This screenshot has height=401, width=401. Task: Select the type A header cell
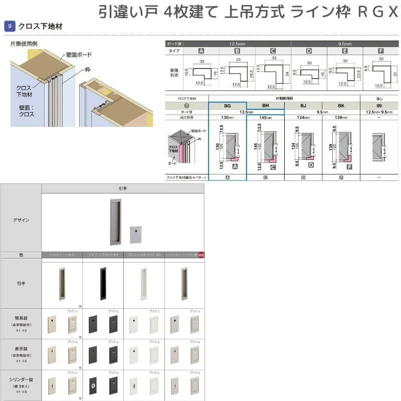(201, 51)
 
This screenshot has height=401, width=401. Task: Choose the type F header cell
(381, 51)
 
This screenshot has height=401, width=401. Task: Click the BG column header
(227, 106)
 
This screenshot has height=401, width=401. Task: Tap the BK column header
(341, 106)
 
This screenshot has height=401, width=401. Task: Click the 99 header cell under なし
(379, 106)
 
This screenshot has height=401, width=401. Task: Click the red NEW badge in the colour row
(200, 255)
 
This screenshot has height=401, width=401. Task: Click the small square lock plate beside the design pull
(134, 233)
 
